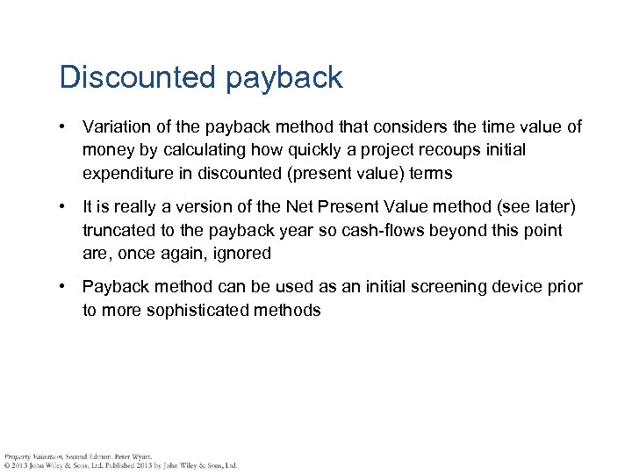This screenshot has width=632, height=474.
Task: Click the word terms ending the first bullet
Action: (431, 173)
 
